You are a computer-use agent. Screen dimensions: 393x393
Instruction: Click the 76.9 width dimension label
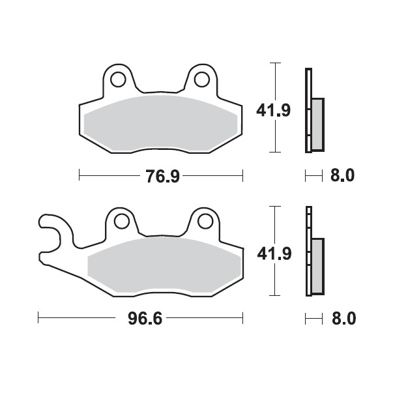click(163, 176)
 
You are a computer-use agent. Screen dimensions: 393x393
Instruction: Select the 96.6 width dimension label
click(145, 319)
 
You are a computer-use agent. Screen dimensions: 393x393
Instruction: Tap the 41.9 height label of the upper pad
click(273, 110)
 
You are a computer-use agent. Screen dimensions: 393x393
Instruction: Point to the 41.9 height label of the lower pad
click(274, 254)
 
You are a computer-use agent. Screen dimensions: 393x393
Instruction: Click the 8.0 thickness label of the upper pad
click(342, 175)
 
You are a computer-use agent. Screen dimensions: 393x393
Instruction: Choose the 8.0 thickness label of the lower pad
click(344, 319)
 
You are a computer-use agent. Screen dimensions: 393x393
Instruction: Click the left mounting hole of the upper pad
click(118, 80)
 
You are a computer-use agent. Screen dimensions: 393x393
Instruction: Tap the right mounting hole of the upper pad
click(202, 80)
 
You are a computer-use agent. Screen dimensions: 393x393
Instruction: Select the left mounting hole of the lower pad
click(122, 221)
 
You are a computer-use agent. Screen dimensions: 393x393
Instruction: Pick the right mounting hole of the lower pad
click(205, 221)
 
